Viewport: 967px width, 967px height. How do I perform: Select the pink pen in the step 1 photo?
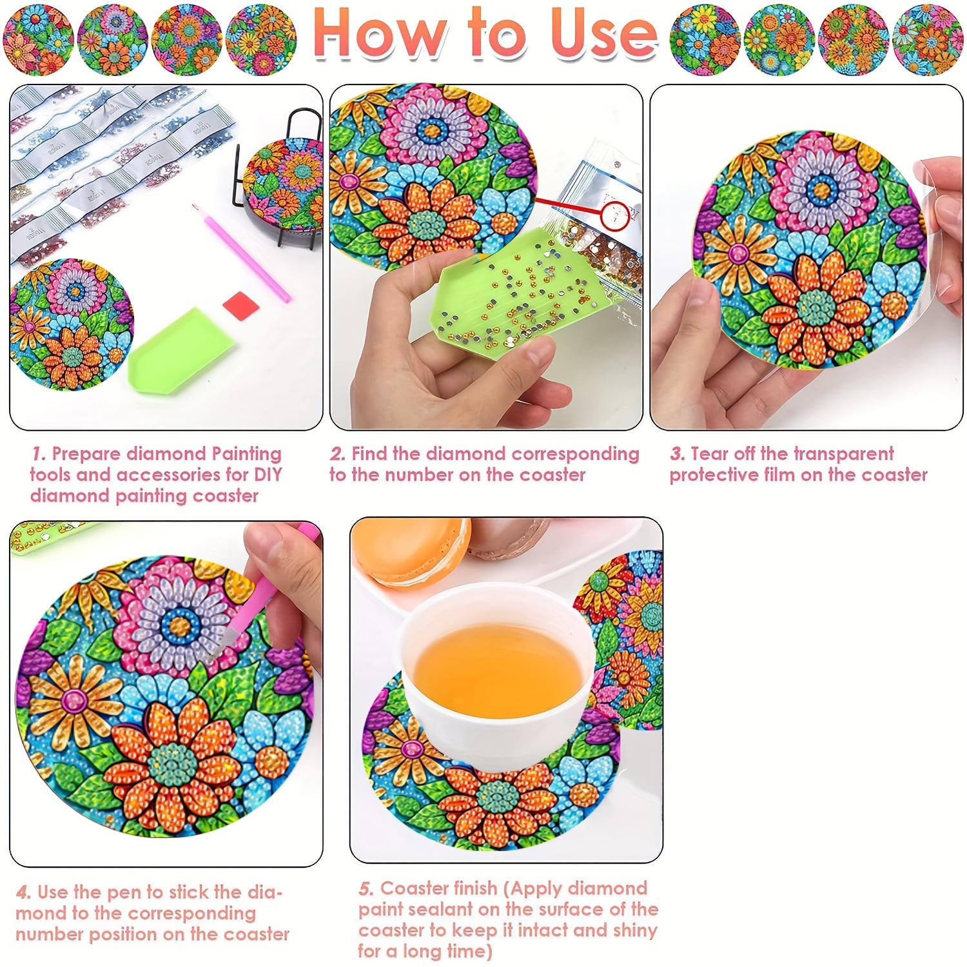click(x=241, y=252)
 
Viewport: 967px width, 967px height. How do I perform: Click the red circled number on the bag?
click(x=615, y=215)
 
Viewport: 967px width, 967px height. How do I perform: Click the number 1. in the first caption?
click(x=39, y=454)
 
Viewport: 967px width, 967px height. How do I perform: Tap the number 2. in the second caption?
click(x=338, y=454)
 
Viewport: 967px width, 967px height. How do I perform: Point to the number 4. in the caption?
click(x=24, y=893)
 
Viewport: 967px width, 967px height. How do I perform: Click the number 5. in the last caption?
click(x=366, y=889)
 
